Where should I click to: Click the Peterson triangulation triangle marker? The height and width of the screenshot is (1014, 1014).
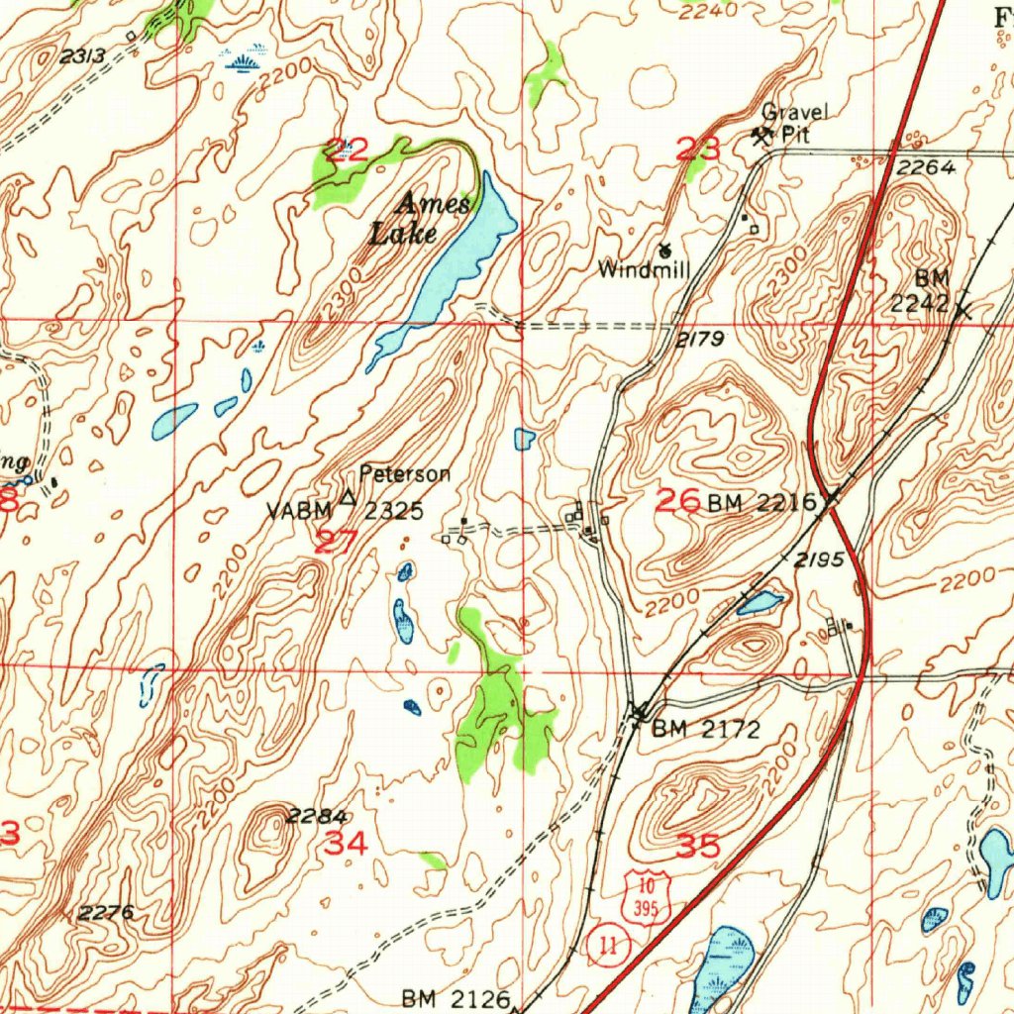(348, 497)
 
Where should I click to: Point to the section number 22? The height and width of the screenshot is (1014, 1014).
(348, 151)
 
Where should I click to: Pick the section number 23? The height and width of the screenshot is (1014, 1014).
(698, 151)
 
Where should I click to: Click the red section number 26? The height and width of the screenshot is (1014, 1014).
(679, 501)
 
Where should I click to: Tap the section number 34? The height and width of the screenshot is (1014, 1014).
(347, 844)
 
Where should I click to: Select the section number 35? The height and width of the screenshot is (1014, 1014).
(700, 846)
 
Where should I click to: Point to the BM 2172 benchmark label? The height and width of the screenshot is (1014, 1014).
(705, 731)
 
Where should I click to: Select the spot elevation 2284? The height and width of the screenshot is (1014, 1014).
(317, 816)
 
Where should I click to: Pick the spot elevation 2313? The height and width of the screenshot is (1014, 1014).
(82, 56)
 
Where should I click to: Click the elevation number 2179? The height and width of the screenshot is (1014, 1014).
(702, 341)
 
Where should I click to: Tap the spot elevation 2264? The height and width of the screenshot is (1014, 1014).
(927, 168)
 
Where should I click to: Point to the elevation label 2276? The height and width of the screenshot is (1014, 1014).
(106, 912)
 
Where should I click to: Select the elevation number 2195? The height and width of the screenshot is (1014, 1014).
(820, 559)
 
